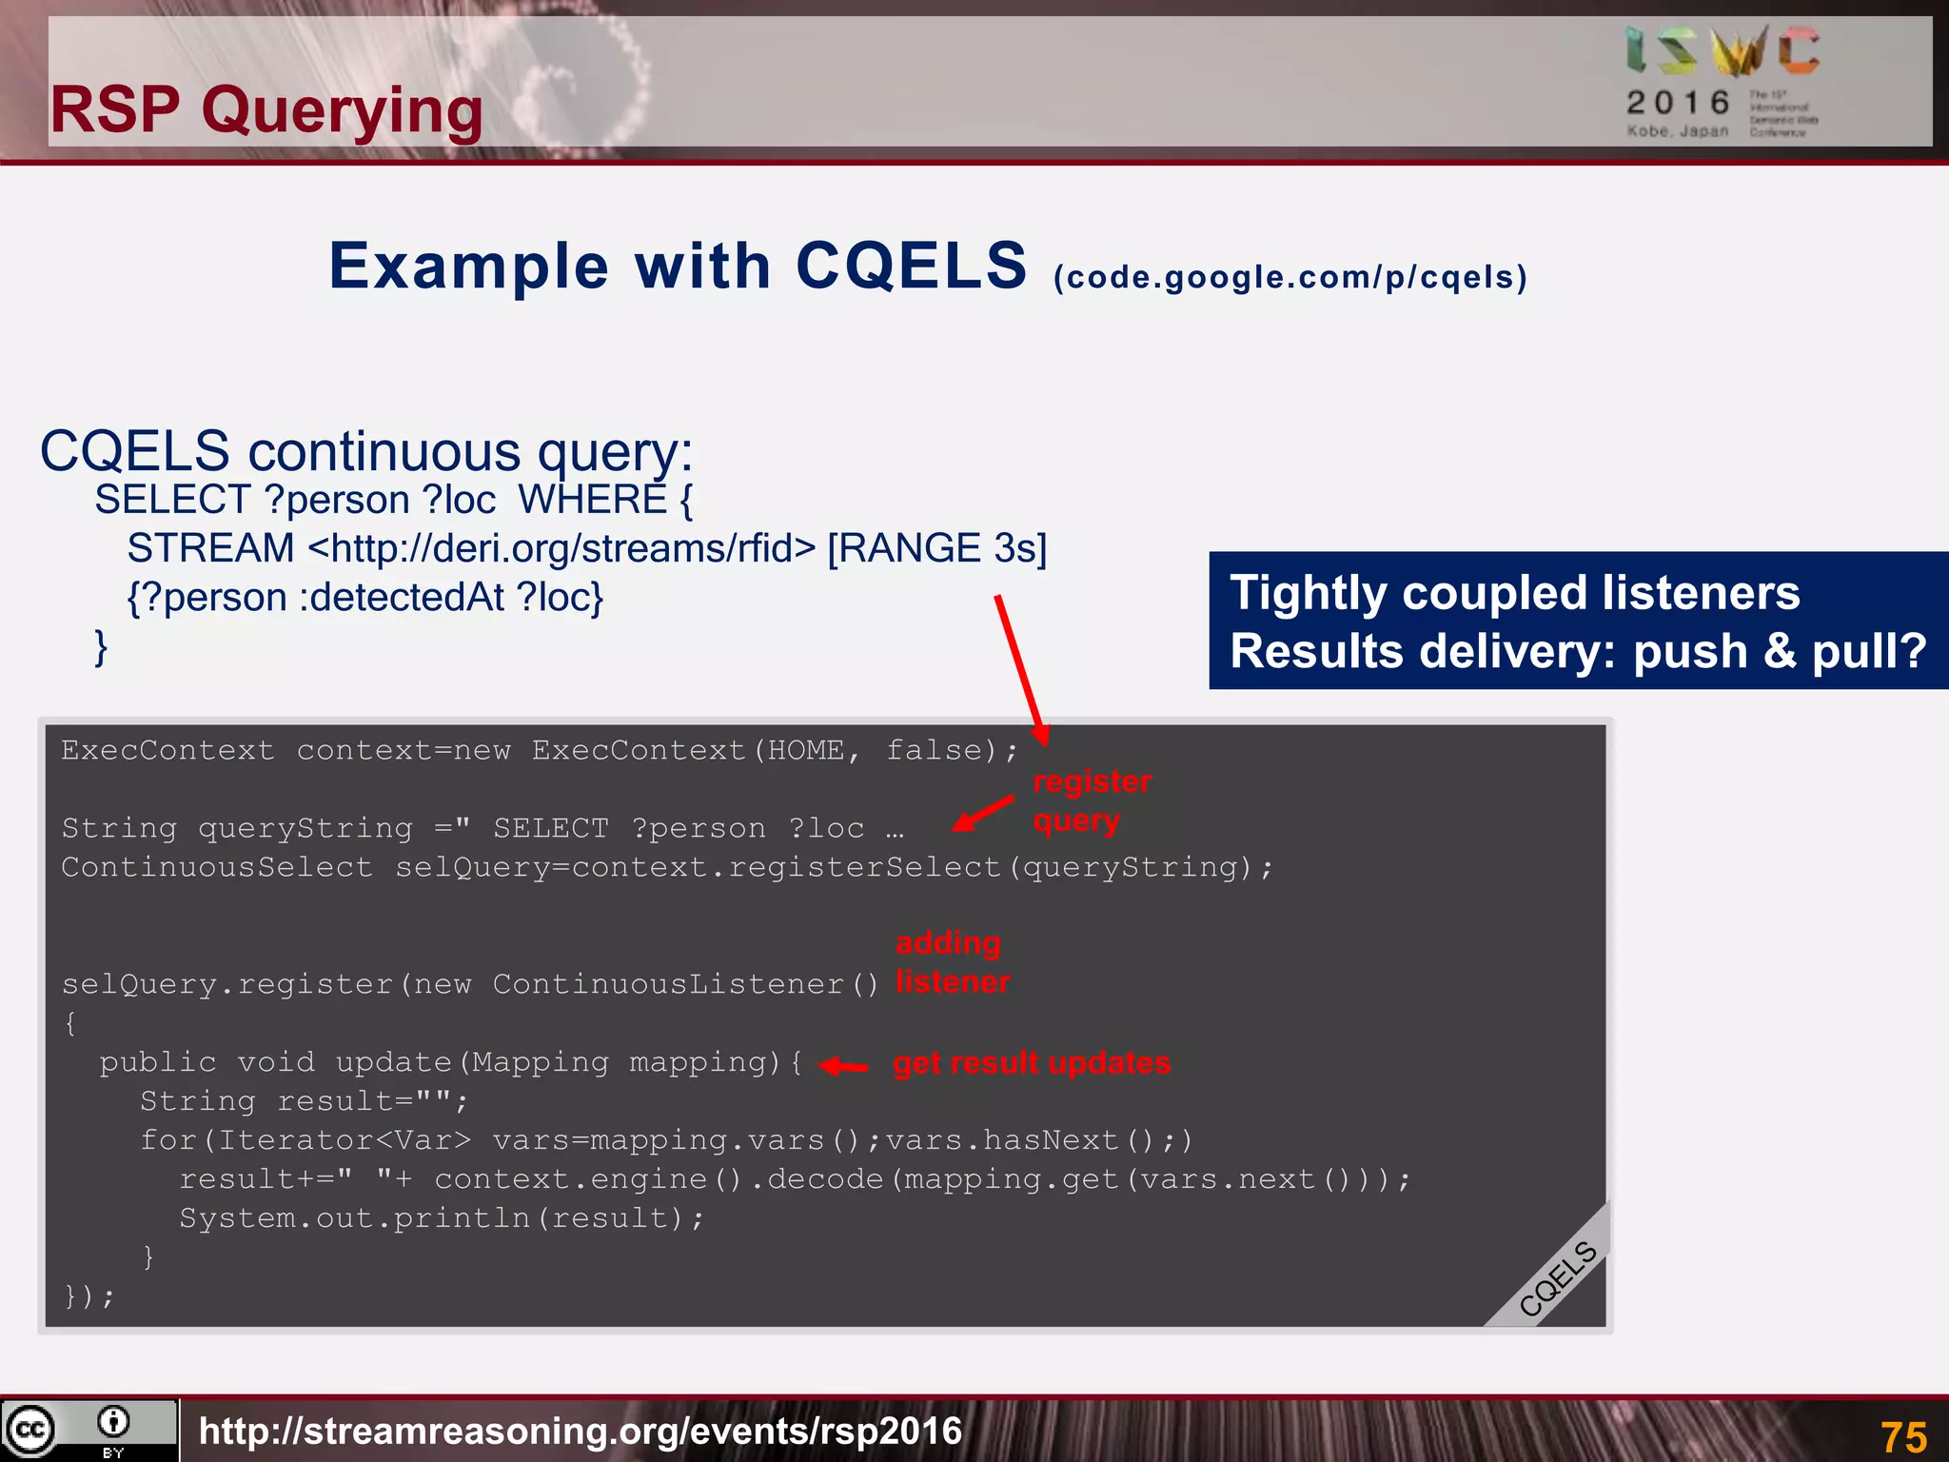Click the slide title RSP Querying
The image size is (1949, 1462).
[266, 110]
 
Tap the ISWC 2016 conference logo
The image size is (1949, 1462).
[1723, 82]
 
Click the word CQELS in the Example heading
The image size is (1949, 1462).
[911, 266]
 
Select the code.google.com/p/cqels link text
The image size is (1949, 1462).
[1289, 278]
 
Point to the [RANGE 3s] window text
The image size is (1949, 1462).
[936, 549]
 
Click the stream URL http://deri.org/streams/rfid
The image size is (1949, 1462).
[561, 549]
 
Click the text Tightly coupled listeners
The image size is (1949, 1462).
[1514, 593]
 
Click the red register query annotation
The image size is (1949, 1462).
[1091, 800]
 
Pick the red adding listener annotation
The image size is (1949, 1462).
[952, 962]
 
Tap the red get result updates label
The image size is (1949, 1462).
[1032, 1063]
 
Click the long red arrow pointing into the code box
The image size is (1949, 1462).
[1021, 669]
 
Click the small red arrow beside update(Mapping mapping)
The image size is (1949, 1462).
[843, 1067]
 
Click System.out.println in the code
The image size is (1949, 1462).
[354, 1218]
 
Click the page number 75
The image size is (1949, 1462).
[1903, 1435]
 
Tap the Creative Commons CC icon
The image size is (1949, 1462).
[30, 1430]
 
